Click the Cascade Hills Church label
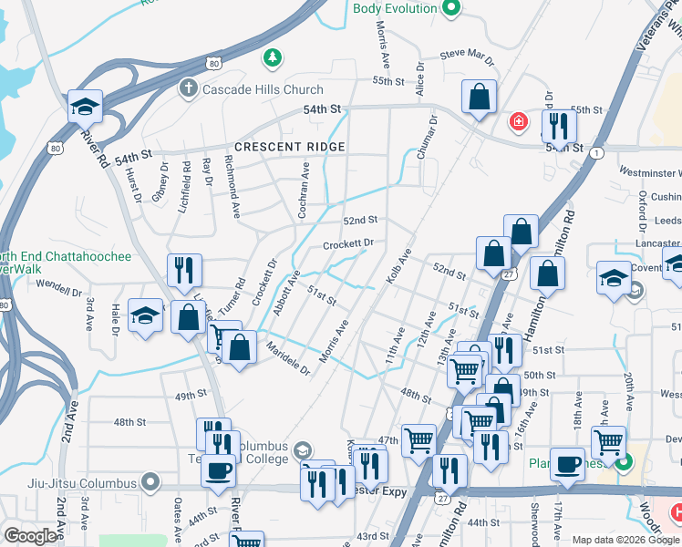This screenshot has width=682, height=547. coord(263,89)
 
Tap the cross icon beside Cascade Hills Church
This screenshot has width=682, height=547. coord(188,88)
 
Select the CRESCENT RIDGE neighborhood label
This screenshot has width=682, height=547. coord(289,147)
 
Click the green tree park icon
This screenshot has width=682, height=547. coord(271,59)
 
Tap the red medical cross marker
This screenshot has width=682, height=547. coord(518,121)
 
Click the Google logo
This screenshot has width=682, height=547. coord(31,536)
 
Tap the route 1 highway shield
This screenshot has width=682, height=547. coord(596,153)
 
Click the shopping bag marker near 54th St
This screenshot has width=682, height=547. coord(479,97)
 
